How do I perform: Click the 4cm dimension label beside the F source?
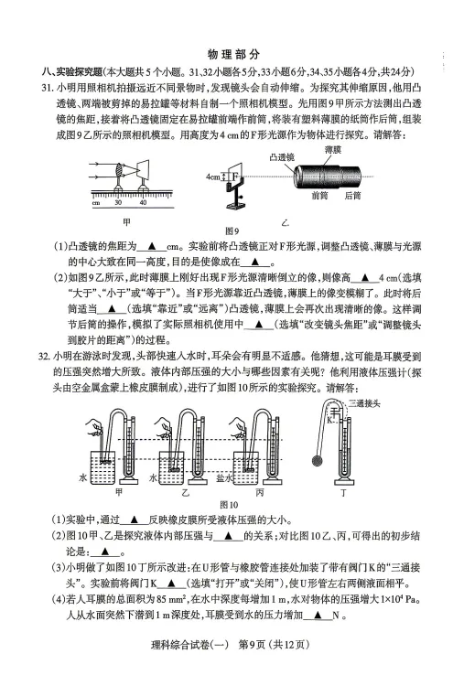(212, 176)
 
